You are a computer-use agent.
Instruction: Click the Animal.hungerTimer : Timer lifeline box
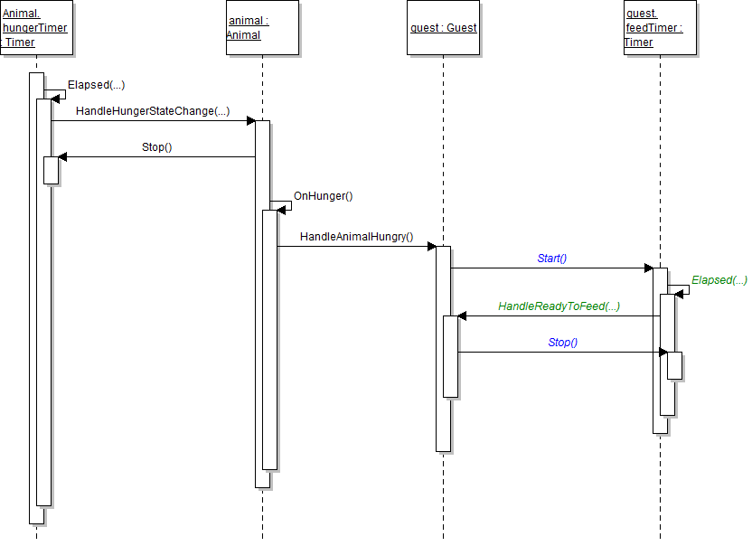click(x=35, y=28)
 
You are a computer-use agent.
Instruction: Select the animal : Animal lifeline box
click(x=261, y=28)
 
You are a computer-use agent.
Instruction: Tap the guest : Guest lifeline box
click(x=443, y=28)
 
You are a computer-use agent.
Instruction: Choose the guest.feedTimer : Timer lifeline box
click(x=660, y=28)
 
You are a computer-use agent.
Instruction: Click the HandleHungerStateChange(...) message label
click(x=153, y=111)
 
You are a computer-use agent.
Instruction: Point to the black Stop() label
click(x=156, y=146)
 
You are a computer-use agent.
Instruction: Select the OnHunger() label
click(x=323, y=195)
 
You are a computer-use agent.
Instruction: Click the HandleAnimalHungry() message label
click(x=356, y=237)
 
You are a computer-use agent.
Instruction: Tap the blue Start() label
click(x=551, y=259)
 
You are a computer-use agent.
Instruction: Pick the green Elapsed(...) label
click(x=719, y=280)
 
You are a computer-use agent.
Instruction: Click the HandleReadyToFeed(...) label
click(x=559, y=306)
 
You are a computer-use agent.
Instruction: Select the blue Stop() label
click(x=562, y=343)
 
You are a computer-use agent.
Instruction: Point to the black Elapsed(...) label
click(x=96, y=85)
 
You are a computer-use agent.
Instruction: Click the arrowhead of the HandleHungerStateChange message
click(x=250, y=120)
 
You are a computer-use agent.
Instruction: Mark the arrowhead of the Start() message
click(x=648, y=268)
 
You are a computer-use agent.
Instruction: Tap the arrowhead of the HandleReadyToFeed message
click(x=462, y=316)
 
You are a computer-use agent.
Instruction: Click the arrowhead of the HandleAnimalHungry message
click(x=431, y=247)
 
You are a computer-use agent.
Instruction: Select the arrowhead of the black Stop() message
click(x=62, y=156)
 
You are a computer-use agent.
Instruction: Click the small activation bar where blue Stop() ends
click(x=674, y=365)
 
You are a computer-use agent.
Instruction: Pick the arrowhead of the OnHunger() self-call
click(x=281, y=210)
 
